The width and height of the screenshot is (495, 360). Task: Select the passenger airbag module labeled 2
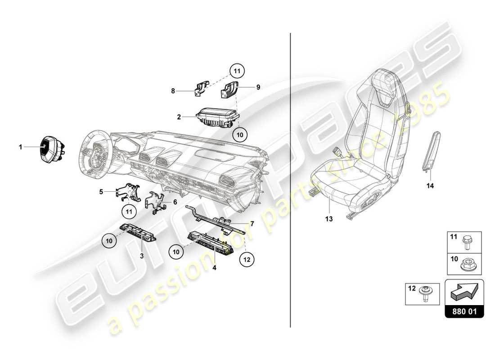click(217, 117)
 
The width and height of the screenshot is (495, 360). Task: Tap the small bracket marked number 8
click(201, 88)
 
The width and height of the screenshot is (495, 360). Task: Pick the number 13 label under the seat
click(329, 219)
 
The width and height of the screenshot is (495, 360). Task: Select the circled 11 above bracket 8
click(237, 71)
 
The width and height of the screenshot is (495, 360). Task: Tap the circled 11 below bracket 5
click(129, 210)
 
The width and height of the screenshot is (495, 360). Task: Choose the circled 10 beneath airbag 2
click(240, 134)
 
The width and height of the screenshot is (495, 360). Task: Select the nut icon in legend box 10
click(467, 265)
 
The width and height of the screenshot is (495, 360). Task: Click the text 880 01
click(464, 311)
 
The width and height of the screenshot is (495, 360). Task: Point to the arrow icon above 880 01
click(464, 293)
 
